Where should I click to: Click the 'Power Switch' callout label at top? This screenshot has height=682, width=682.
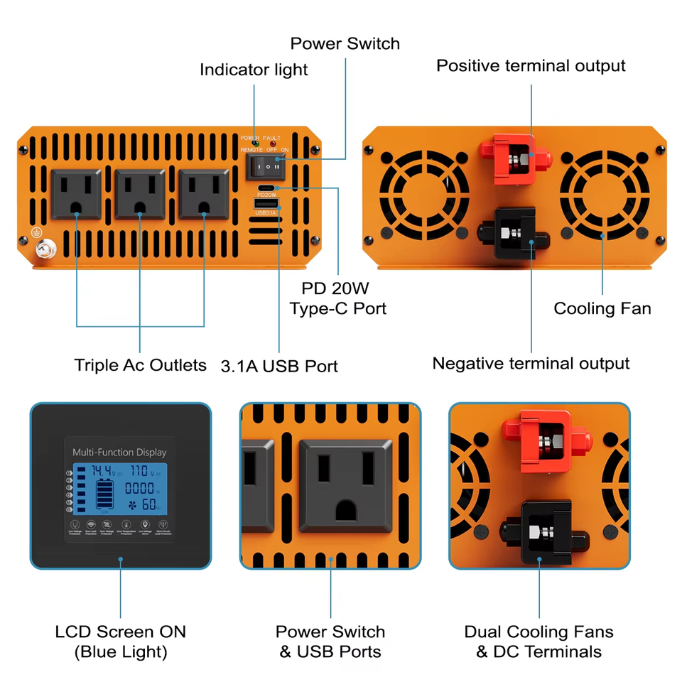(345, 43)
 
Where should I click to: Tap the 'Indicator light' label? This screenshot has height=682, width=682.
(254, 70)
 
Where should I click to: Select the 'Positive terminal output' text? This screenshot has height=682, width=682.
(531, 66)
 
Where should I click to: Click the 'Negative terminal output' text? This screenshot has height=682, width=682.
(531, 364)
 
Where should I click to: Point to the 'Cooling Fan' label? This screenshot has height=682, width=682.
(602, 308)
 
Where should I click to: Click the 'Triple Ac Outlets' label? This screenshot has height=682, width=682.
(140, 365)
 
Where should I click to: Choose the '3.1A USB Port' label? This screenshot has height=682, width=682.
(279, 367)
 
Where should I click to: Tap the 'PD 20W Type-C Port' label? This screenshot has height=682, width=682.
(338, 298)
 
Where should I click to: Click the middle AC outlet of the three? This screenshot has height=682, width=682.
(139, 193)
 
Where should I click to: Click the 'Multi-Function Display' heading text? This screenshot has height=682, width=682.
(119, 453)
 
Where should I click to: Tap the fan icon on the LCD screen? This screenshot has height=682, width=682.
(132, 505)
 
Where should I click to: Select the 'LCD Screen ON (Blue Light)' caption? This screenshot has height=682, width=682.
(120, 642)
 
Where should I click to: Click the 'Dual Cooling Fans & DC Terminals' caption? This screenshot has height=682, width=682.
(538, 642)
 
